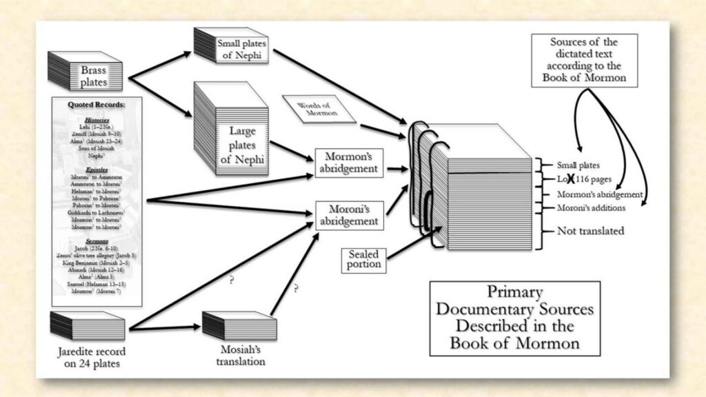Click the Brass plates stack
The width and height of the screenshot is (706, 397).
pos(84,70)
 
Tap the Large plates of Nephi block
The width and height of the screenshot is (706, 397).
pos(230,128)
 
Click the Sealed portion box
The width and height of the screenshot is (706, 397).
pos(363,259)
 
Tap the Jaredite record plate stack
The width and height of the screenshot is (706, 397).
pos(87,325)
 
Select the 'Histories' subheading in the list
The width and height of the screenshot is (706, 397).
pos(97,120)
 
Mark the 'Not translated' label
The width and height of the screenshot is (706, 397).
pos(590,232)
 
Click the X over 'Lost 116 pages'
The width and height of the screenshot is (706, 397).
pos(572,179)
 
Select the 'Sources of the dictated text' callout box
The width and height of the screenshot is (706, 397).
pos(584,61)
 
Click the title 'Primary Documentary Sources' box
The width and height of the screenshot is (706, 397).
pos(515,317)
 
